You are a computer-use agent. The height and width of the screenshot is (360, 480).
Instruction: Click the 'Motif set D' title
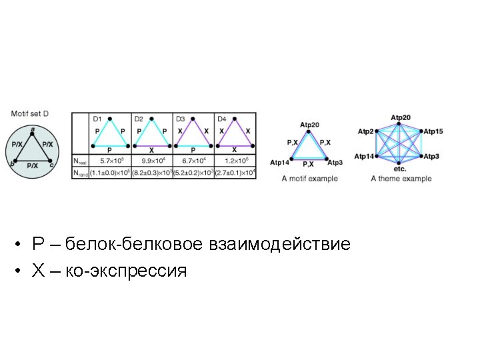pyautogui.click(x=34, y=114)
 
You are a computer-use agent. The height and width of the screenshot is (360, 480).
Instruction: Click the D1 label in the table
pyautogui.click(x=97, y=119)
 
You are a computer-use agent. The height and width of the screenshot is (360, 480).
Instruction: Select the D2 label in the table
pyautogui.click(x=139, y=119)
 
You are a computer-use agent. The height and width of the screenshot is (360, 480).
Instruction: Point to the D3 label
pyautogui.click(x=180, y=119)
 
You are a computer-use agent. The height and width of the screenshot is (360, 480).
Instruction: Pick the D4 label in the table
pyautogui.click(x=222, y=119)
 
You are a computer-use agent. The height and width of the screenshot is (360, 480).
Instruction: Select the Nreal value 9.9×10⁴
pyautogui.click(x=152, y=161)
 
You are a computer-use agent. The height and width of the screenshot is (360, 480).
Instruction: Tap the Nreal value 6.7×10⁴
pyautogui.click(x=193, y=161)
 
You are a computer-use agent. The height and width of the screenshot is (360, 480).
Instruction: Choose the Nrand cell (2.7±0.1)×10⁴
pyautogui.click(x=235, y=172)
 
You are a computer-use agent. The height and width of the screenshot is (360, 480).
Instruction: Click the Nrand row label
pyautogui.click(x=79, y=172)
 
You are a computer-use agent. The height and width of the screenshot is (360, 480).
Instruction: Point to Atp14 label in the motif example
pyautogui.click(x=279, y=163)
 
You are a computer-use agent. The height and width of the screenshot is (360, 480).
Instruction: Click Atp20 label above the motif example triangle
pyautogui.click(x=309, y=125)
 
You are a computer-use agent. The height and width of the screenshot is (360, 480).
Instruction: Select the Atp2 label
pyautogui.click(x=365, y=131)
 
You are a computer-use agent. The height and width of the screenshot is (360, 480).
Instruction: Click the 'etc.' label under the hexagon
pyautogui.click(x=400, y=169)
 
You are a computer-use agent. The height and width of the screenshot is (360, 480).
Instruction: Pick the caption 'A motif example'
pyautogui.click(x=309, y=179)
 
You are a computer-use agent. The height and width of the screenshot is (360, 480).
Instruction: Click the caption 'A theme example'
pyautogui.click(x=401, y=179)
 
